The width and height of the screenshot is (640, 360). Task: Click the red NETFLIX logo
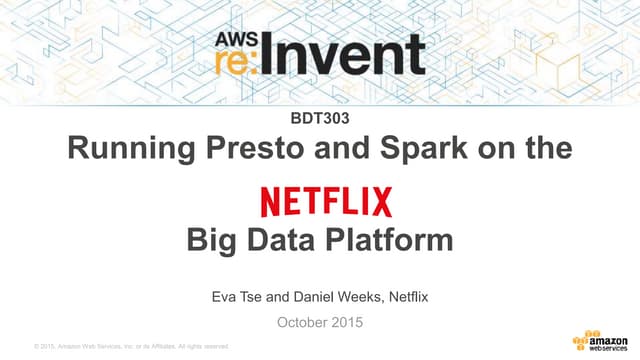[326, 201]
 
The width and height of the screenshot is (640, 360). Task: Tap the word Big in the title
[209, 241]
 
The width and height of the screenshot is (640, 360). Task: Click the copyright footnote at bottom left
[131, 346]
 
